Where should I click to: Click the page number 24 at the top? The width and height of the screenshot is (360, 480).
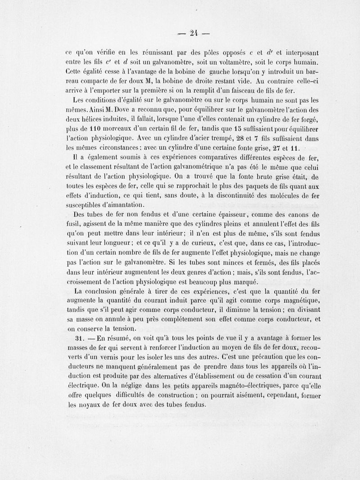(194, 32)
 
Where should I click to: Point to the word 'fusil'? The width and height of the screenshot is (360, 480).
(72, 224)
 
